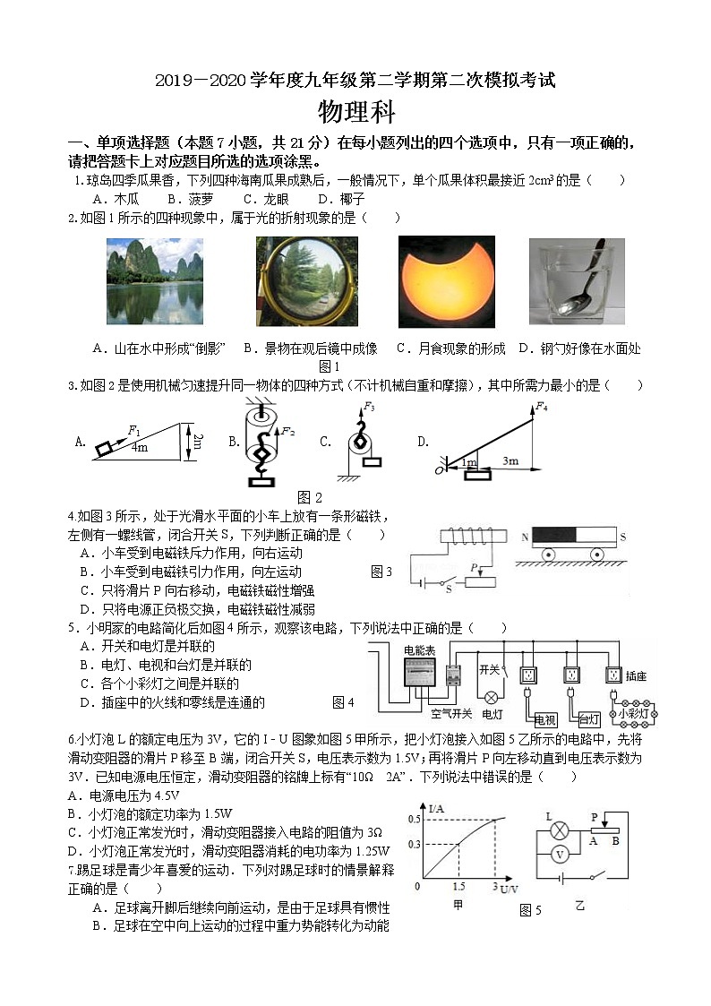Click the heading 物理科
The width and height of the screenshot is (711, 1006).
[356, 113]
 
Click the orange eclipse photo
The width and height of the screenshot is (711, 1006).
[446, 281]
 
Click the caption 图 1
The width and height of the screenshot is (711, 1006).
[330, 365]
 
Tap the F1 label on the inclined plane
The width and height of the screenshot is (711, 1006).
[135, 429]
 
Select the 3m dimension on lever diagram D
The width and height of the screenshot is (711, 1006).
[510, 460]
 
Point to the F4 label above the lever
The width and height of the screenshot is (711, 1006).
[541, 408]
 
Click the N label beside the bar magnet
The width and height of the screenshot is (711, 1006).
[524, 537]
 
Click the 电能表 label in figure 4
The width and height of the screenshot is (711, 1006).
[419, 649]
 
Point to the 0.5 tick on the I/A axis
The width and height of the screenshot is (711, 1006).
[414, 819]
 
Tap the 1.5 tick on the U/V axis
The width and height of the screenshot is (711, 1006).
[458, 886]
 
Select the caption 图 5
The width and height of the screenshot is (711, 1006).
[530, 910]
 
